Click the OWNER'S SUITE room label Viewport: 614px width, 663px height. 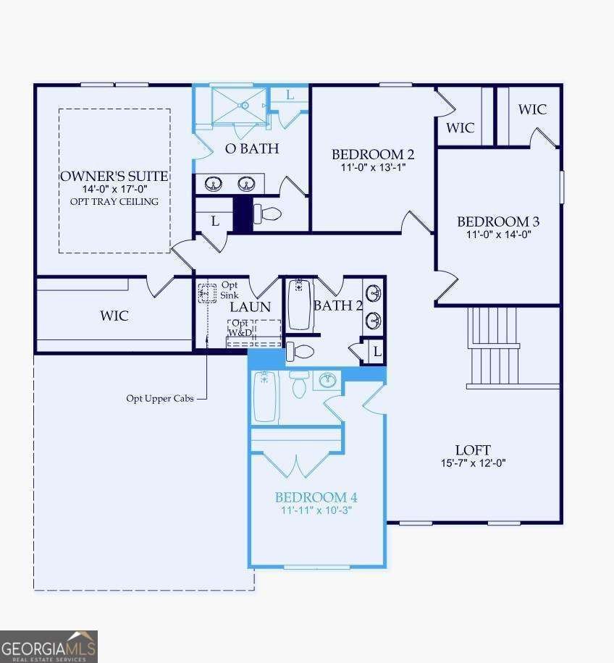[x=114, y=176]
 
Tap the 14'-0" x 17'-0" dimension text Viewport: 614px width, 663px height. [x=114, y=189]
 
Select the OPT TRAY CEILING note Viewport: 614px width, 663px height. [x=114, y=201]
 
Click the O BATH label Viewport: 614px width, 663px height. [x=252, y=149]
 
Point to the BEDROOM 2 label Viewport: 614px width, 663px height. [x=373, y=154]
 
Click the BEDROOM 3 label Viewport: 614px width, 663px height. [x=498, y=221]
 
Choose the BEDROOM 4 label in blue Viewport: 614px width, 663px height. [x=316, y=497]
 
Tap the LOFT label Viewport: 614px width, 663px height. [x=473, y=450]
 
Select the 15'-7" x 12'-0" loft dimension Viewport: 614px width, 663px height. [x=473, y=463]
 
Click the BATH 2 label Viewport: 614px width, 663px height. [x=337, y=305]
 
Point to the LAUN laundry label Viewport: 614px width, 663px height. [x=250, y=306]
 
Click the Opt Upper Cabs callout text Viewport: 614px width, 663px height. [x=160, y=398]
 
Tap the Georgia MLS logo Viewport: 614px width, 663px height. [x=49, y=646]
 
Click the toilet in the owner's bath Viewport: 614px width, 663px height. [x=269, y=214]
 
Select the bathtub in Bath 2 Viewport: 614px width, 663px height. [x=300, y=305]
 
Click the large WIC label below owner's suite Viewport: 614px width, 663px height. [x=114, y=316]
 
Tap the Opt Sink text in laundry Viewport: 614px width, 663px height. [x=229, y=290]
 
